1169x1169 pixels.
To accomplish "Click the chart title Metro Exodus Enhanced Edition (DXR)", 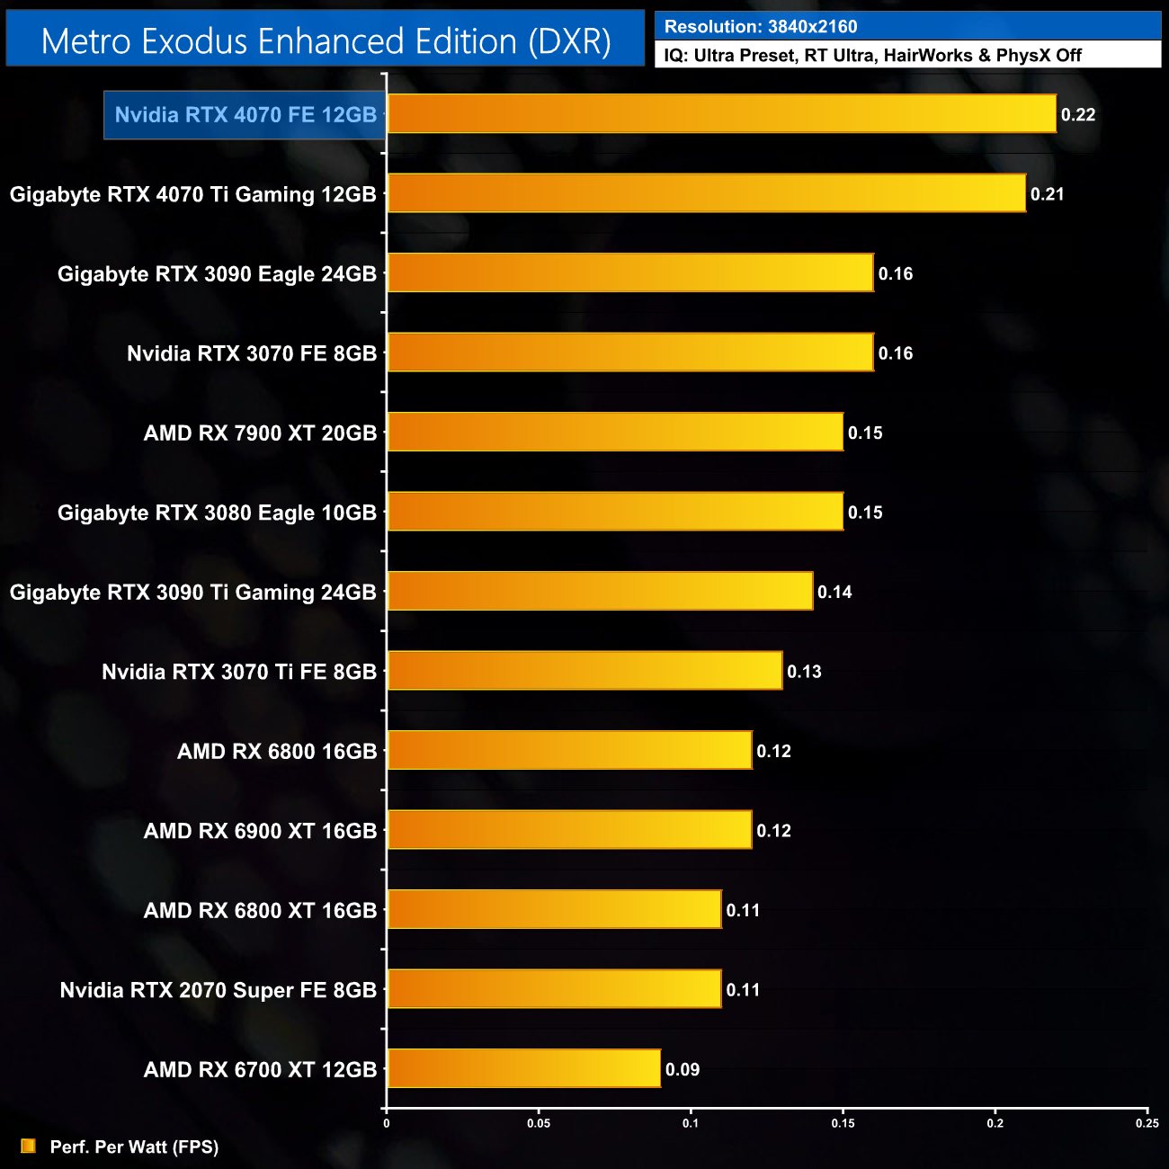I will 326,40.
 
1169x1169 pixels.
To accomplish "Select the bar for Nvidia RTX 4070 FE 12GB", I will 721,114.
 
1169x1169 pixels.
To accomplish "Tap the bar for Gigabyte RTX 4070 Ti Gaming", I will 706,193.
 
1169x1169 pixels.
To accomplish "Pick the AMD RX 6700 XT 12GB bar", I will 523,1068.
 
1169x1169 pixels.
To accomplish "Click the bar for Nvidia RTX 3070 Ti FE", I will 584,671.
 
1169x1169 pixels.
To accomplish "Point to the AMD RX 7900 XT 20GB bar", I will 615,432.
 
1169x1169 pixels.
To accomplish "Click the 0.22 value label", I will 1078,114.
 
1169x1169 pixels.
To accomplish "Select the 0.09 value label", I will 683,1069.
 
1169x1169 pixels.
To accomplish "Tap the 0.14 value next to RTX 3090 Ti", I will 834,592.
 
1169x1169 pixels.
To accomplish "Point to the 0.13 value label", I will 804,672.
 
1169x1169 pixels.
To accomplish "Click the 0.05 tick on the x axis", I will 539,1123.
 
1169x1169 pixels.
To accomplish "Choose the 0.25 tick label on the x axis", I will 1147,1123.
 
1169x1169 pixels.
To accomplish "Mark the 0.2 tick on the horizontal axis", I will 995,1123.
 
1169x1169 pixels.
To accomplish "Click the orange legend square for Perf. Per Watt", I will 28,1146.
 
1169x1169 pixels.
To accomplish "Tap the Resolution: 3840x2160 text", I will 761,27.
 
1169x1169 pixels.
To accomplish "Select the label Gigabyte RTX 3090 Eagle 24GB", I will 217,274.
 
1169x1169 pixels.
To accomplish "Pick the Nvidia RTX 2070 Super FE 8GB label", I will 219,990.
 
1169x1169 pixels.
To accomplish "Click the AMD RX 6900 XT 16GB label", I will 260,831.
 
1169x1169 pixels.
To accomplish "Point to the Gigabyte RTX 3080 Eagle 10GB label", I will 217,513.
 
